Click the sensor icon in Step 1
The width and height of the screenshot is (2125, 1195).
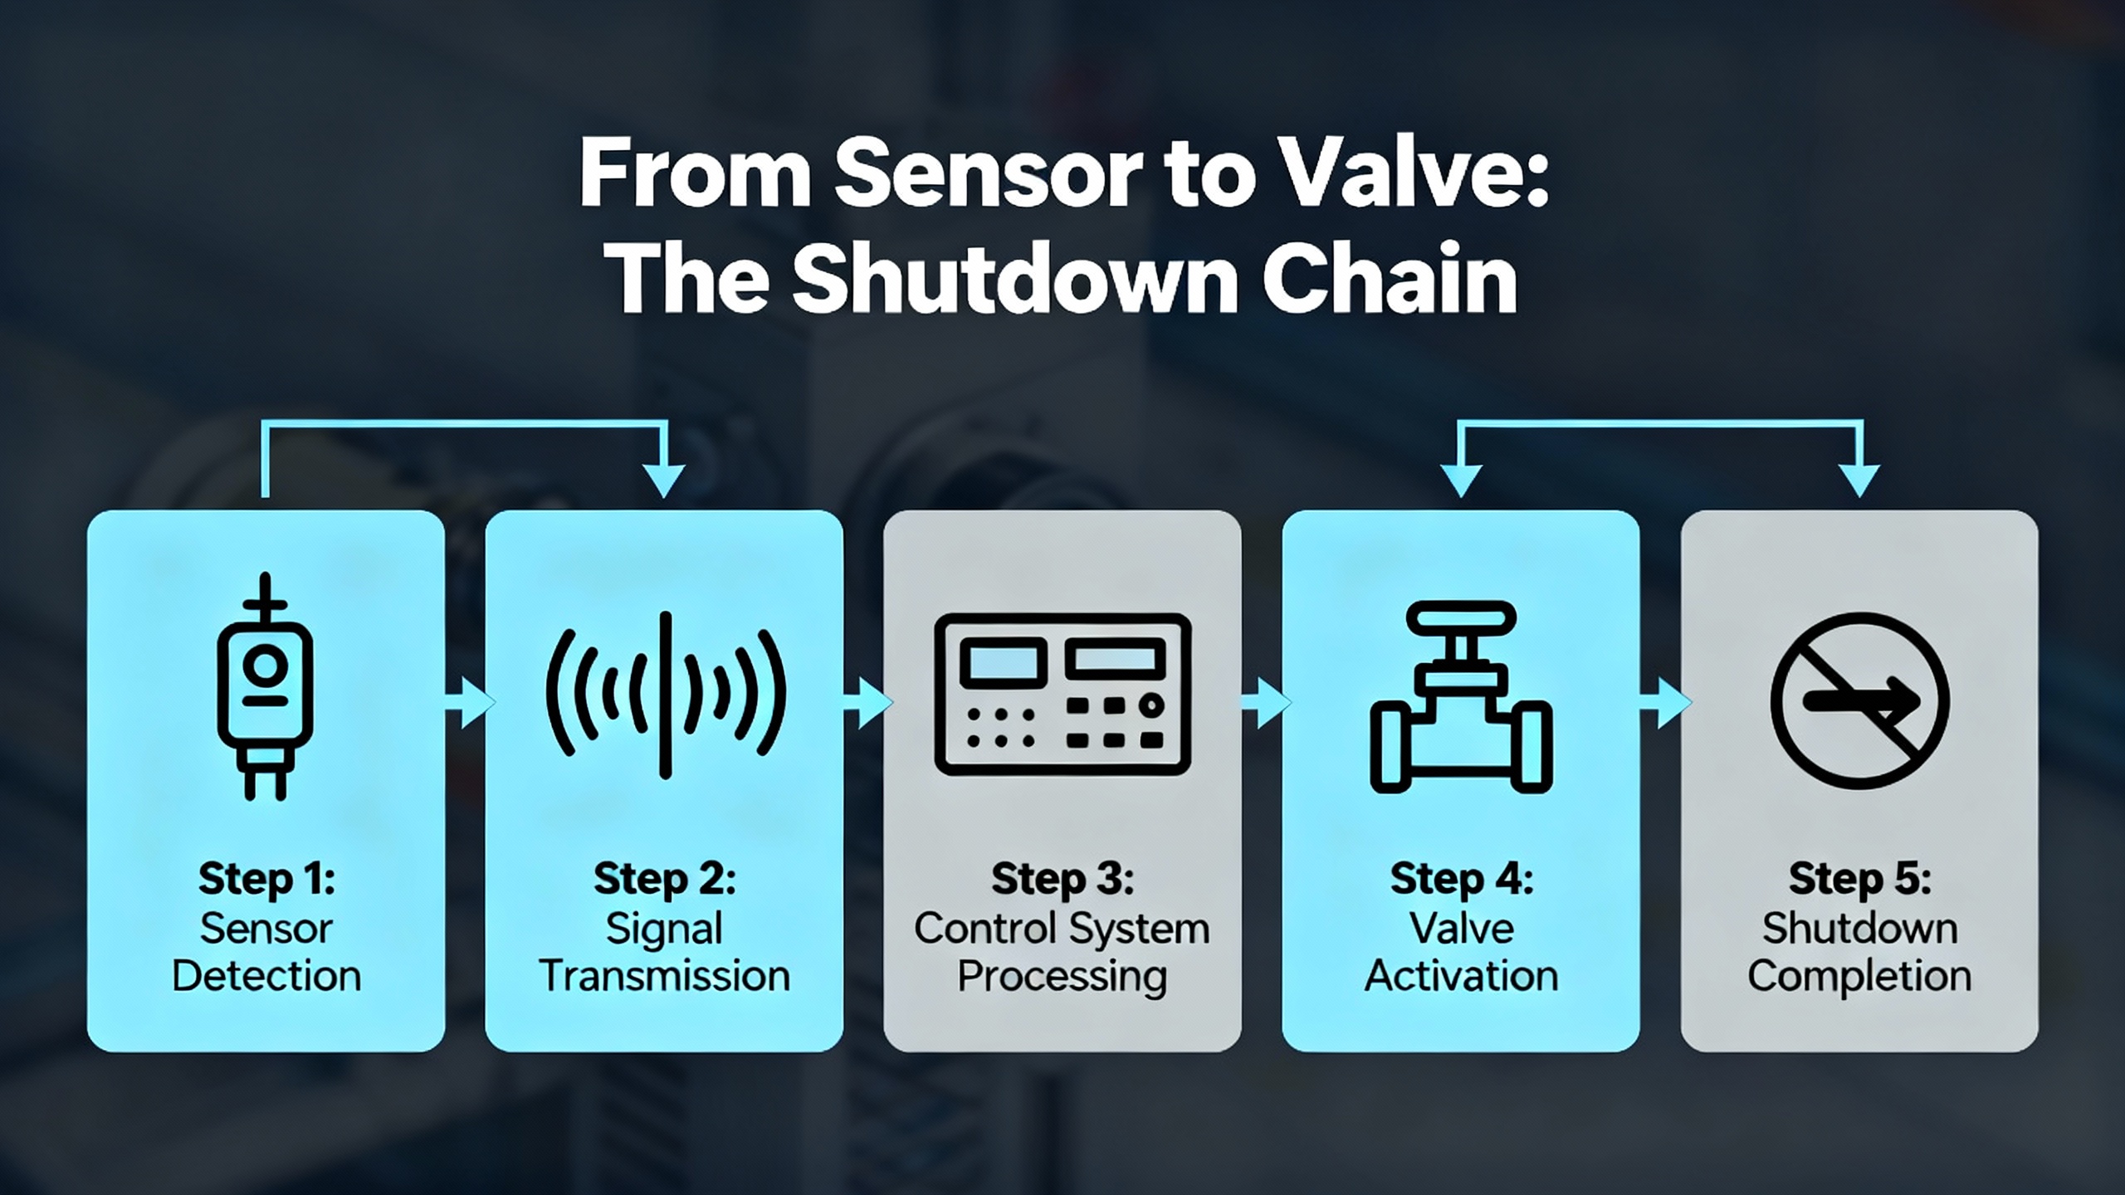(x=266, y=686)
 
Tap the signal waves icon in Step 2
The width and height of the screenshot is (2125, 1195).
(x=665, y=695)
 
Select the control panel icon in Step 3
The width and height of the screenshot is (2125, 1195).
(x=1062, y=694)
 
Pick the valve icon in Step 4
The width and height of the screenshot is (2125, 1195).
(x=1461, y=697)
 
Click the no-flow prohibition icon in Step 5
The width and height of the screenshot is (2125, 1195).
(x=1859, y=700)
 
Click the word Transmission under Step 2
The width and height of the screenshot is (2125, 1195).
(x=665, y=976)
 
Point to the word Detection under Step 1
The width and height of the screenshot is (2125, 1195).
(x=266, y=976)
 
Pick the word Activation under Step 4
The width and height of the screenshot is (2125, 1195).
(x=1461, y=976)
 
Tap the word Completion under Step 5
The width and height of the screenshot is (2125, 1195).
(x=1859, y=977)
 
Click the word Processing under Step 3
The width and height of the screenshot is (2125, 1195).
(x=1062, y=977)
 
